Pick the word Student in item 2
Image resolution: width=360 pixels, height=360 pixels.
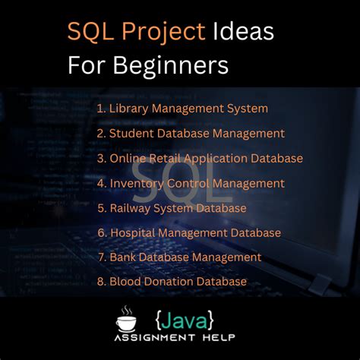tap(131, 134)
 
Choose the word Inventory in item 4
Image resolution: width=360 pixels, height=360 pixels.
tap(137, 183)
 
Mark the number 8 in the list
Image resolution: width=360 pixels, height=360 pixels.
tap(100, 282)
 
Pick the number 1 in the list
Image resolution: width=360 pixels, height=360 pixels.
tap(99, 109)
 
